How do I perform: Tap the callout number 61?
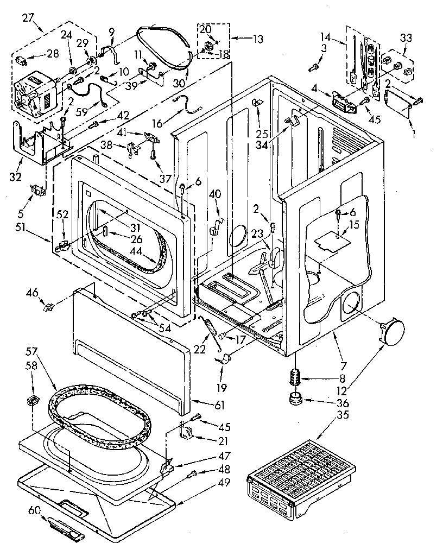click(217, 405)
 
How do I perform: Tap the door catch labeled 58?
click(34, 401)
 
